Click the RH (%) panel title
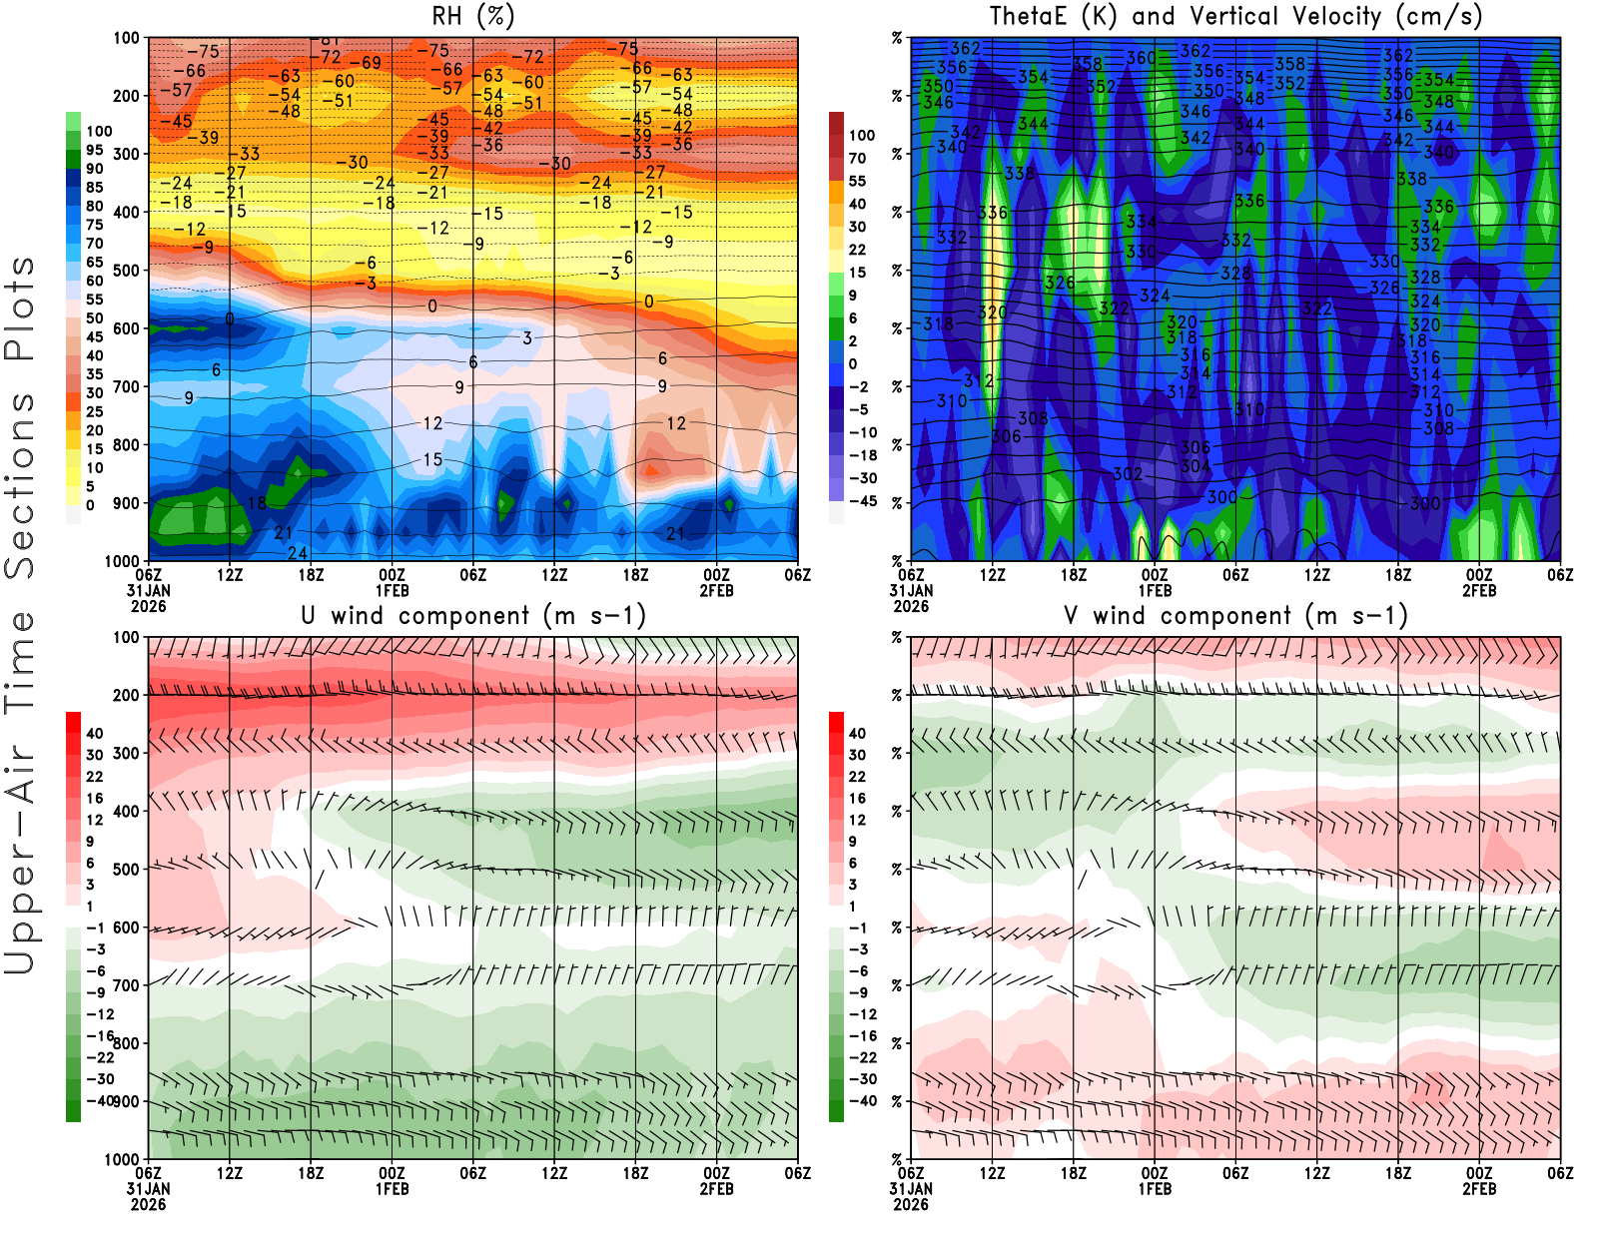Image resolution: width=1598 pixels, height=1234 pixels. point(473,16)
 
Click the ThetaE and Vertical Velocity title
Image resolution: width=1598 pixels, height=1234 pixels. point(1235,16)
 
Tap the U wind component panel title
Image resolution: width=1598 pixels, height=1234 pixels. point(473,615)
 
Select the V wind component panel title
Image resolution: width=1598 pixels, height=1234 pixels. point(1235,615)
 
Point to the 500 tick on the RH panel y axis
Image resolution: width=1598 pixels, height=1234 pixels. point(126,270)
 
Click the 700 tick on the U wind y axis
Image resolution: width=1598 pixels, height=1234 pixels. point(126,985)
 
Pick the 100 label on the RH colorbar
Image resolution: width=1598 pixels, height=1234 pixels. point(99,131)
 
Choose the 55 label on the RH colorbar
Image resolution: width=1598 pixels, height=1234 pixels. point(94,300)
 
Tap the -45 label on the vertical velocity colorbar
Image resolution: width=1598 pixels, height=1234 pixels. point(862,501)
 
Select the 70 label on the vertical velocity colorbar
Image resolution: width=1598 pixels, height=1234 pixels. point(857,158)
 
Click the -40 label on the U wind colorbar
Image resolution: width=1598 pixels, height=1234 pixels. point(100,1100)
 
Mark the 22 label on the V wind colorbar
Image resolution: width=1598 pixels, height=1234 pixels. point(857,777)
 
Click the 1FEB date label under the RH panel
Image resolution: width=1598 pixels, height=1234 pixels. point(392,591)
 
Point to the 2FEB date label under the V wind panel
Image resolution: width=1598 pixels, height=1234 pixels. point(1478,1189)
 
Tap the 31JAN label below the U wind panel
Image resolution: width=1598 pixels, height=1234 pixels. point(148,1189)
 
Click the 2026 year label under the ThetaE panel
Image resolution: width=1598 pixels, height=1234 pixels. point(911,606)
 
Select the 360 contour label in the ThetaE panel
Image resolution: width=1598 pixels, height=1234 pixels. point(1141,58)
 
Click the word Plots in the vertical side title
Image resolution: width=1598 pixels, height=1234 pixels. point(20,308)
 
